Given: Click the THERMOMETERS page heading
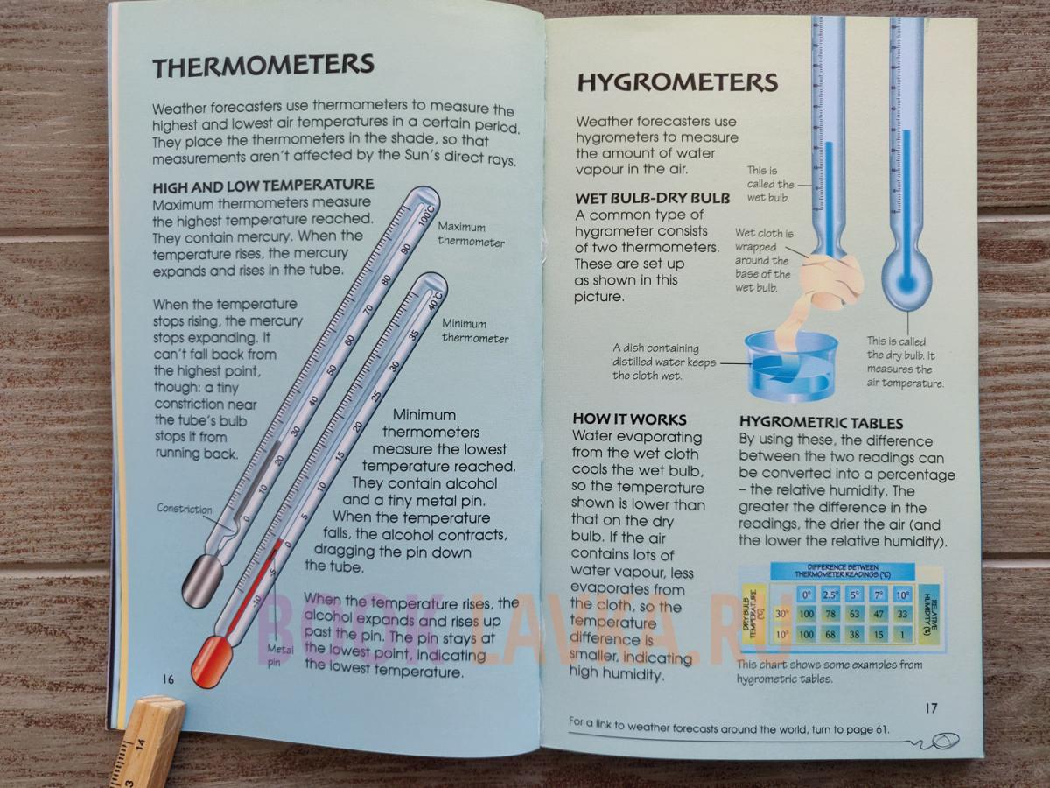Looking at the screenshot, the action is tap(263, 66).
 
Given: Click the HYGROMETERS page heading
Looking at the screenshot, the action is tap(677, 82).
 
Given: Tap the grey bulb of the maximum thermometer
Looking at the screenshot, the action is tap(202, 582).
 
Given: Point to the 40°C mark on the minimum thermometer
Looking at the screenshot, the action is tap(435, 300).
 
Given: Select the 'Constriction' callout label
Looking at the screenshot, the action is tap(184, 509).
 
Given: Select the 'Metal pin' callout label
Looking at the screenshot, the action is tap(280, 656).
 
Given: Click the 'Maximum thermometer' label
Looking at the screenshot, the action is tap(471, 234).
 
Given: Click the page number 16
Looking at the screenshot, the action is tap(168, 679).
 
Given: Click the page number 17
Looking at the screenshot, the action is tap(931, 708).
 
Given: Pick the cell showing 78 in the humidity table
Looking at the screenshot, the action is tap(830, 614).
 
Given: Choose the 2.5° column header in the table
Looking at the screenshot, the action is tap(830, 595).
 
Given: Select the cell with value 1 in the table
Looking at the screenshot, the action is tap(903, 635).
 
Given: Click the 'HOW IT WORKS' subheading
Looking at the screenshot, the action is tap(629, 419).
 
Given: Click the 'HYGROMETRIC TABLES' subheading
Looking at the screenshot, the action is tap(821, 423).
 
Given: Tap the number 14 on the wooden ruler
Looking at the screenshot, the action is tap(141, 745).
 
